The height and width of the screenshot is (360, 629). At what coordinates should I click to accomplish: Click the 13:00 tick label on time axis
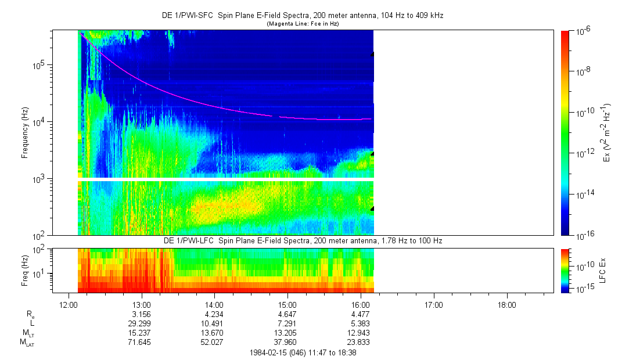142,305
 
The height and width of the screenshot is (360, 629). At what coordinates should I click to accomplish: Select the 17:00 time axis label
434,305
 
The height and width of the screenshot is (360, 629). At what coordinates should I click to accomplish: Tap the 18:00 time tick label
507,305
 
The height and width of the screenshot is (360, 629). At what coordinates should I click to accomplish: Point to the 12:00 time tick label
69,305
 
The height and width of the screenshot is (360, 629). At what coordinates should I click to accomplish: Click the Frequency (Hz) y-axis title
25,133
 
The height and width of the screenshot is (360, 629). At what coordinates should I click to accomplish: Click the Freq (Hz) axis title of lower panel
25,271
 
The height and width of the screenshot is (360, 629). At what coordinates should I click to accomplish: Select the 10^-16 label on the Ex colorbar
583,235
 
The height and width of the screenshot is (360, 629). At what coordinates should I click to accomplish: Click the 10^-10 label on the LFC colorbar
583,265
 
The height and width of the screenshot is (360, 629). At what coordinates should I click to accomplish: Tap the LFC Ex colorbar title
603,271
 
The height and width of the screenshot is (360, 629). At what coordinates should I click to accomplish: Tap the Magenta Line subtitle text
302,24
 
